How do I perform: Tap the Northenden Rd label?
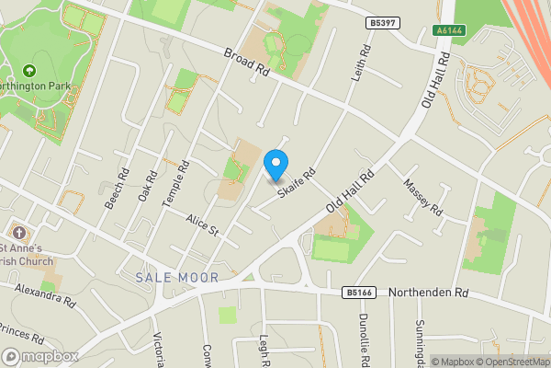[429, 293]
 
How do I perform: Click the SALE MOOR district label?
[177, 277]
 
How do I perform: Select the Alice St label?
[201, 226]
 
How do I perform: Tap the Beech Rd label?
[117, 189]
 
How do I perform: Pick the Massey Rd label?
[422, 198]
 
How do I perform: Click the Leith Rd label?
[359, 62]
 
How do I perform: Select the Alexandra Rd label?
[44, 294]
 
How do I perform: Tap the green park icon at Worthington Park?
[29, 70]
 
